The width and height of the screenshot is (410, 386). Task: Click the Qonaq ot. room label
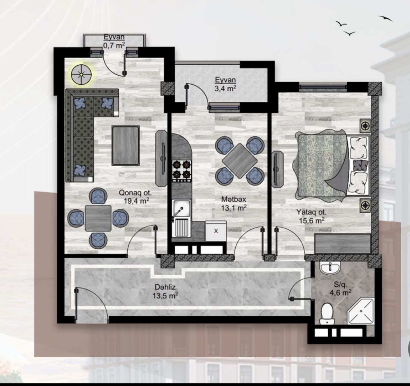(135, 193)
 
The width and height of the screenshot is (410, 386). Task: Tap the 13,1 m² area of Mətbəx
(234, 208)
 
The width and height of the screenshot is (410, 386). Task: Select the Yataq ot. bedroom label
(312, 212)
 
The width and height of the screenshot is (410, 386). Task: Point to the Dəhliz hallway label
(165, 287)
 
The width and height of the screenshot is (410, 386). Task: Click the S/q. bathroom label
(341, 285)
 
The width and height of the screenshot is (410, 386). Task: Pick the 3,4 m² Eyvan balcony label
(225, 84)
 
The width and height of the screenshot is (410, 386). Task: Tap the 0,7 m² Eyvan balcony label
(114, 41)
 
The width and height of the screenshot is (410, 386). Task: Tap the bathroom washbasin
(330, 268)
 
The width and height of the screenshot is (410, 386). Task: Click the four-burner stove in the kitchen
(181, 170)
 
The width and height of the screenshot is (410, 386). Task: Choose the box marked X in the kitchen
(216, 231)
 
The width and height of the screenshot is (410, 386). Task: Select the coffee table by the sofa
(126, 146)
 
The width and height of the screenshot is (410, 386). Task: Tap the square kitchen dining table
(240, 161)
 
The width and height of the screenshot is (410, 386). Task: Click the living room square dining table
(98, 218)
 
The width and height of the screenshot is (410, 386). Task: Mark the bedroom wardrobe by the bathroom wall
(343, 244)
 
